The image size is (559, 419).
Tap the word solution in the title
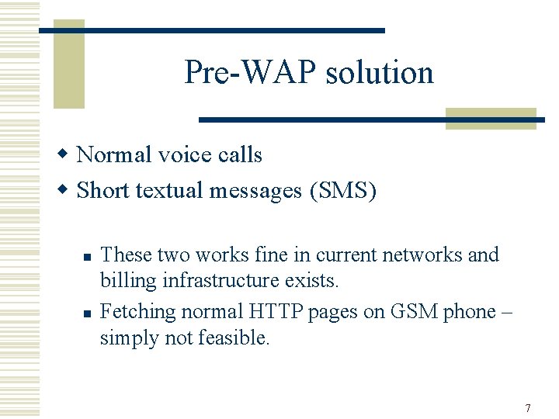pyautogui.click(x=380, y=73)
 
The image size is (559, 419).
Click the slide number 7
pyautogui.click(x=528, y=408)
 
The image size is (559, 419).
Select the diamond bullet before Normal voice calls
pyautogui.click(x=67, y=154)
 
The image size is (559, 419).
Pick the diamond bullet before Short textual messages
pyautogui.click(x=67, y=189)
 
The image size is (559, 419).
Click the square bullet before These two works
pyautogui.click(x=87, y=256)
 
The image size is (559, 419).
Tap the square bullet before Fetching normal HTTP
pyautogui.click(x=87, y=313)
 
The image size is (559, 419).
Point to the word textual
pyautogui.click(x=165, y=190)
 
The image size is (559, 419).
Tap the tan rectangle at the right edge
pyautogui.click(x=491, y=118)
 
